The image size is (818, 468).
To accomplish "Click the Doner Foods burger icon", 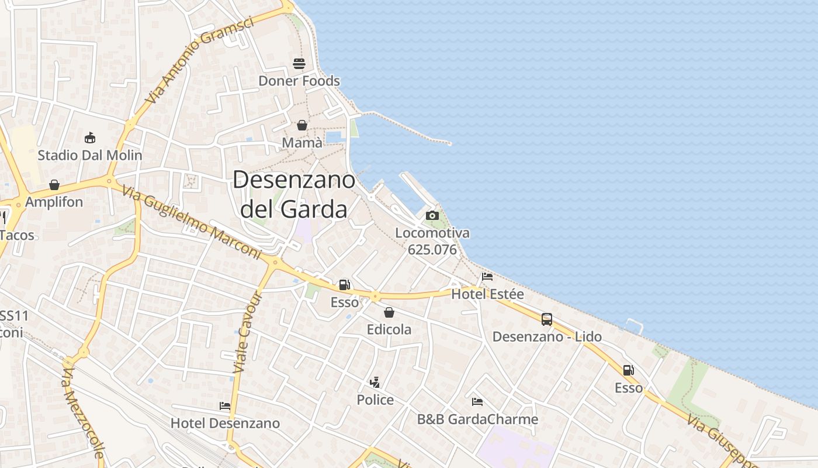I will pos(299,64).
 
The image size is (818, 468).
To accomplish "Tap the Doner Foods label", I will pos(299,81).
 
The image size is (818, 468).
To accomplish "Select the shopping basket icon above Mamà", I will pos(302,125).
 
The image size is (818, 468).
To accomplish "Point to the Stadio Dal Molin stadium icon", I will pos(90,138).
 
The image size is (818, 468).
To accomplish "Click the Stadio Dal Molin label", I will pos(90,155).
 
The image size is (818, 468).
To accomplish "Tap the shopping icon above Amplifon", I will pos(54,185).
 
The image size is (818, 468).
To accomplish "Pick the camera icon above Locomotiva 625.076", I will pos(432,215).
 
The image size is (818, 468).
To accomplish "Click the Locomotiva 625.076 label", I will pos(432,241).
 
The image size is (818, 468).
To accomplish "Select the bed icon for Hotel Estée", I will pos(487,277).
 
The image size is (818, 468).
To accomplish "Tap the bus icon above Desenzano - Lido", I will pos(547,319).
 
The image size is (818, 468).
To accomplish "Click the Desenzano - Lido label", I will pos(547,337).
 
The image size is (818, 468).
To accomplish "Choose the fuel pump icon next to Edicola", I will pos(345,285).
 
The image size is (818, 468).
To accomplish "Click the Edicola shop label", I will pos(389,329).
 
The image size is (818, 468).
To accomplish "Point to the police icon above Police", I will pos(375,383).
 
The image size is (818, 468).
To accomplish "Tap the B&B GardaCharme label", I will pos(477,419).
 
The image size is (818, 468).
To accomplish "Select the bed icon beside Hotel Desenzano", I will pos(225,406).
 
